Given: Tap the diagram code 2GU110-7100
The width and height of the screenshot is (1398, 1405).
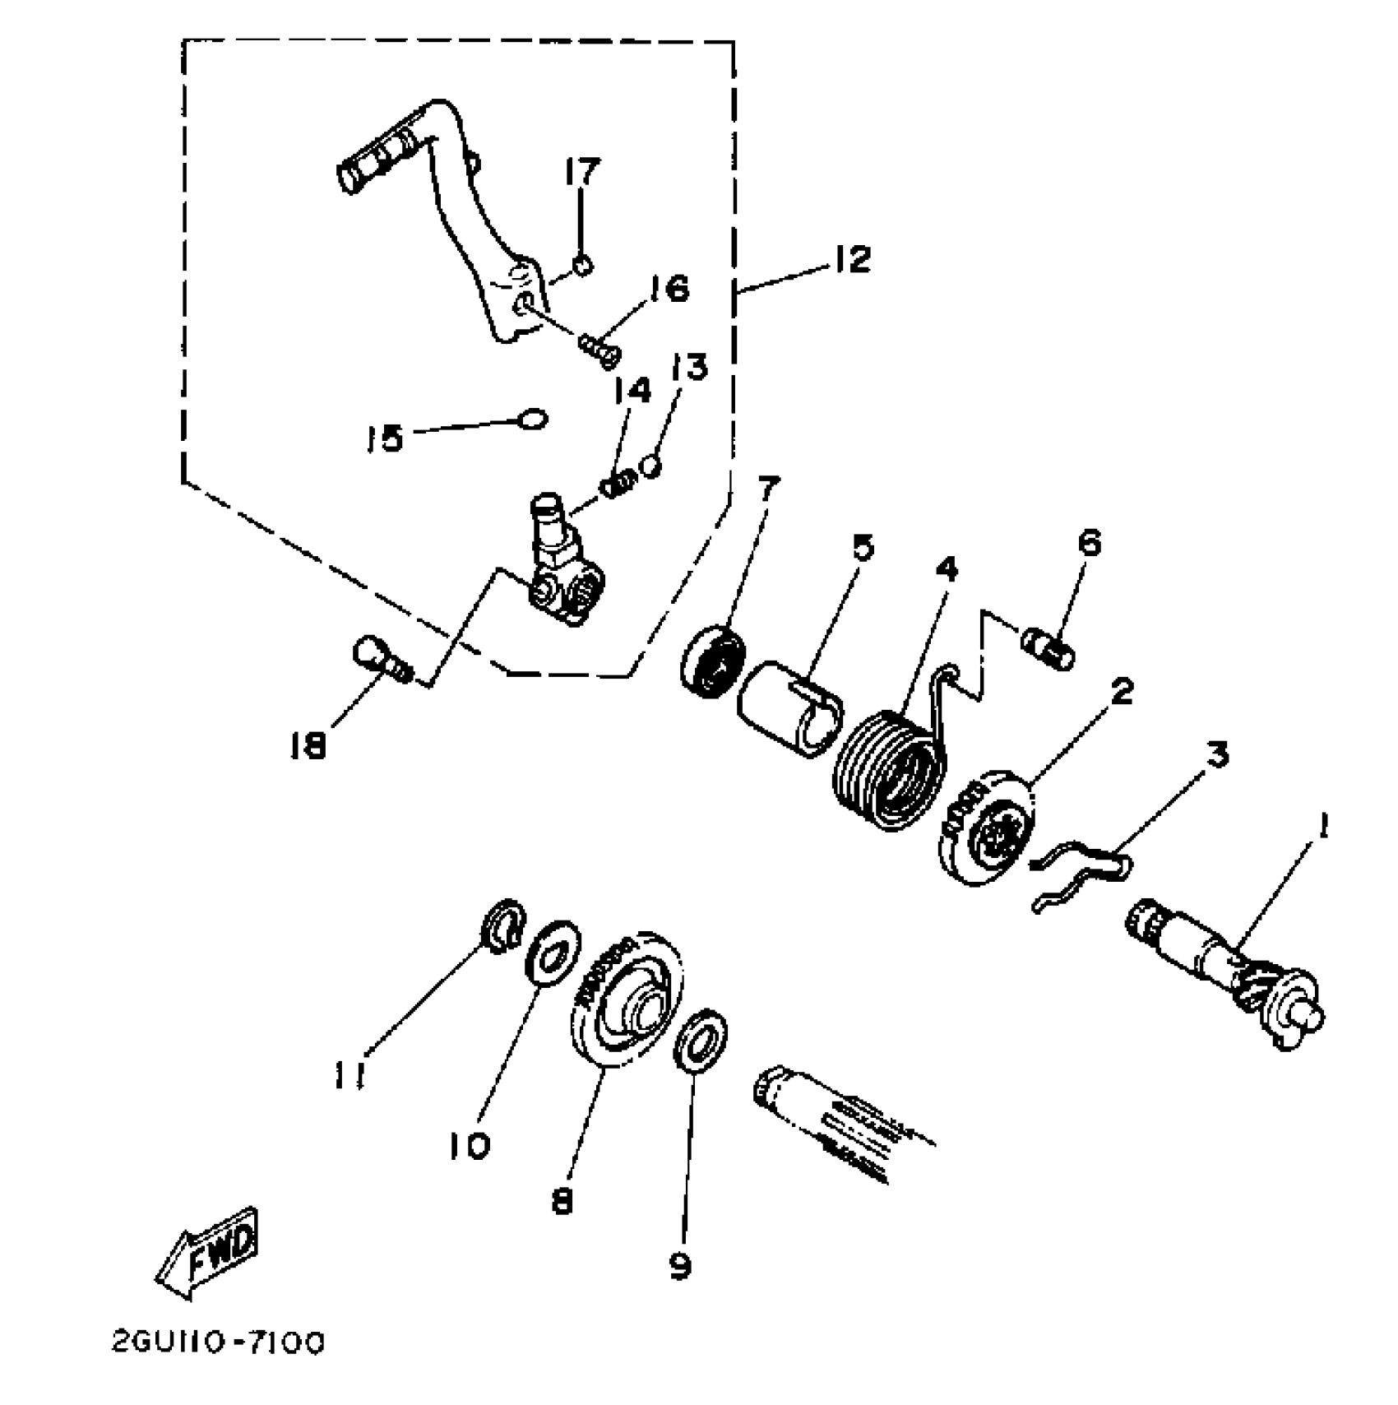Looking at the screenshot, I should coord(218,1343).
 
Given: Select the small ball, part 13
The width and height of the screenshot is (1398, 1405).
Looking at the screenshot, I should coord(650,466).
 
